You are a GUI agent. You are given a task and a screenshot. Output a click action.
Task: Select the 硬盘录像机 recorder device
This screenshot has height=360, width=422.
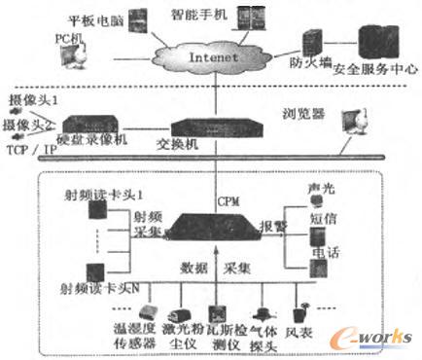pos(95,126)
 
